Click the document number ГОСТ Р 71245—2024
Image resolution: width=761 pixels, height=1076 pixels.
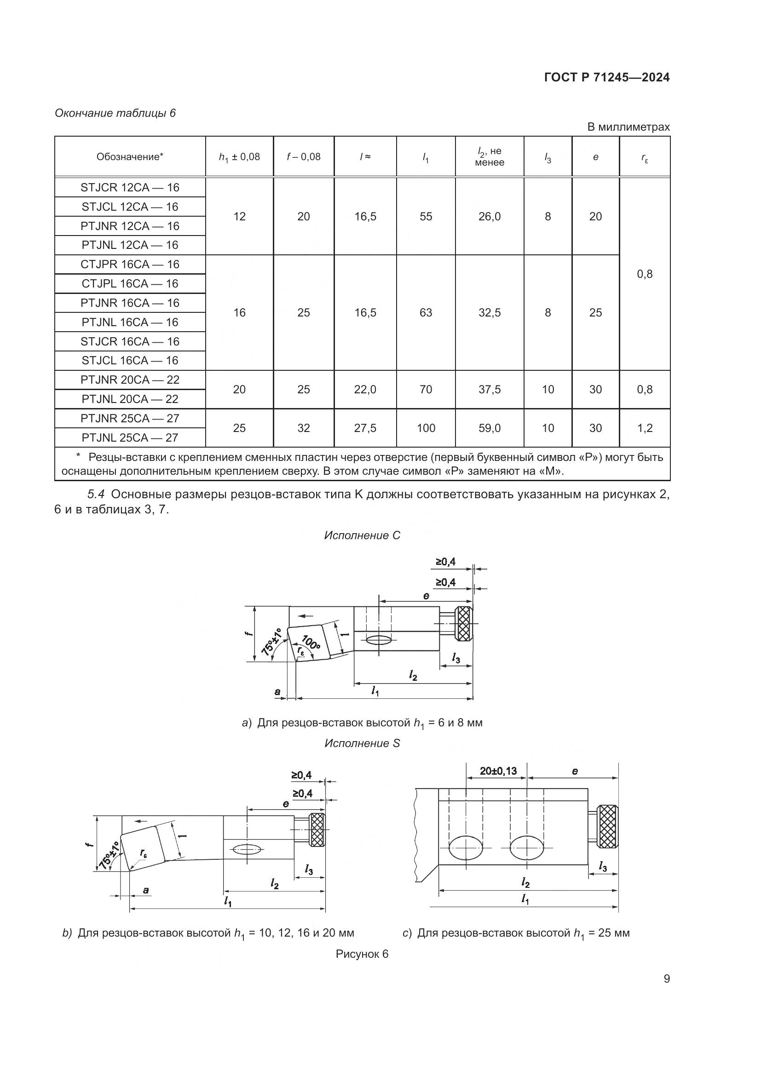(x=607, y=77)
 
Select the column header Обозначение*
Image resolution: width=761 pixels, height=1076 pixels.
(x=130, y=157)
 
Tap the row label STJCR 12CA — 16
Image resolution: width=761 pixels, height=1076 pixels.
(x=130, y=187)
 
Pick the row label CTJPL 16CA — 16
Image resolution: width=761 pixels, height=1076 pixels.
(x=130, y=283)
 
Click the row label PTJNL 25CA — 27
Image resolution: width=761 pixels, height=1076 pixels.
(x=130, y=437)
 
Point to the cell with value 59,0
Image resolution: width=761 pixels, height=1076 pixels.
(x=489, y=428)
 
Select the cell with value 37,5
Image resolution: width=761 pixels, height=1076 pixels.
(x=489, y=390)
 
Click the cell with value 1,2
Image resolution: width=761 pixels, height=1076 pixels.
(x=645, y=428)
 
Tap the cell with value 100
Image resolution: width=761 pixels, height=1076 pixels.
(x=426, y=428)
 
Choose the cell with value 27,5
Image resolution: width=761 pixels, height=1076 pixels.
(x=365, y=428)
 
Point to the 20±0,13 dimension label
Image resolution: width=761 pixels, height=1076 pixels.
(x=498, y=771)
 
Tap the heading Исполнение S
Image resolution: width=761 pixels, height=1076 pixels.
(x=362, y=743)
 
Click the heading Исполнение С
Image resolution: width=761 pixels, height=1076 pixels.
(x=362, y=535)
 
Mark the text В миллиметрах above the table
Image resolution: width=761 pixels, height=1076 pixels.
(x=628, y=127)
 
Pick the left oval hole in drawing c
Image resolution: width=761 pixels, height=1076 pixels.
(x=466, y=848)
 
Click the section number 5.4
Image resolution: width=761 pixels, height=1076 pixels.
(x=97, y=495)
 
